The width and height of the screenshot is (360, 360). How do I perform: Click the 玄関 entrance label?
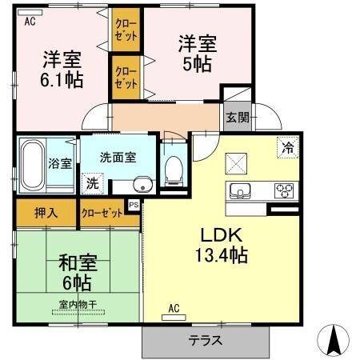coord(237,118)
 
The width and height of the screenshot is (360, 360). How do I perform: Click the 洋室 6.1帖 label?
coord(61,69)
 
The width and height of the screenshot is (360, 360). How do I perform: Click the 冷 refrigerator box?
coord(286,146)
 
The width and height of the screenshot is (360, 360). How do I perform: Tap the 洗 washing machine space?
coord(93,182)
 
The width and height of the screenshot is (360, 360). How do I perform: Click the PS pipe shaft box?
coord(134,205)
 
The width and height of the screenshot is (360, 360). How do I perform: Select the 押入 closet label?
coord(46,214)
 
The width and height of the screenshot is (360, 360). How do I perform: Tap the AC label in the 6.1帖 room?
coord(30,22)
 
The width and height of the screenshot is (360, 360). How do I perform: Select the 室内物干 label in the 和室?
coord(78,304)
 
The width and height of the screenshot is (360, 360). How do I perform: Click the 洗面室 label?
coord(117,158)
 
